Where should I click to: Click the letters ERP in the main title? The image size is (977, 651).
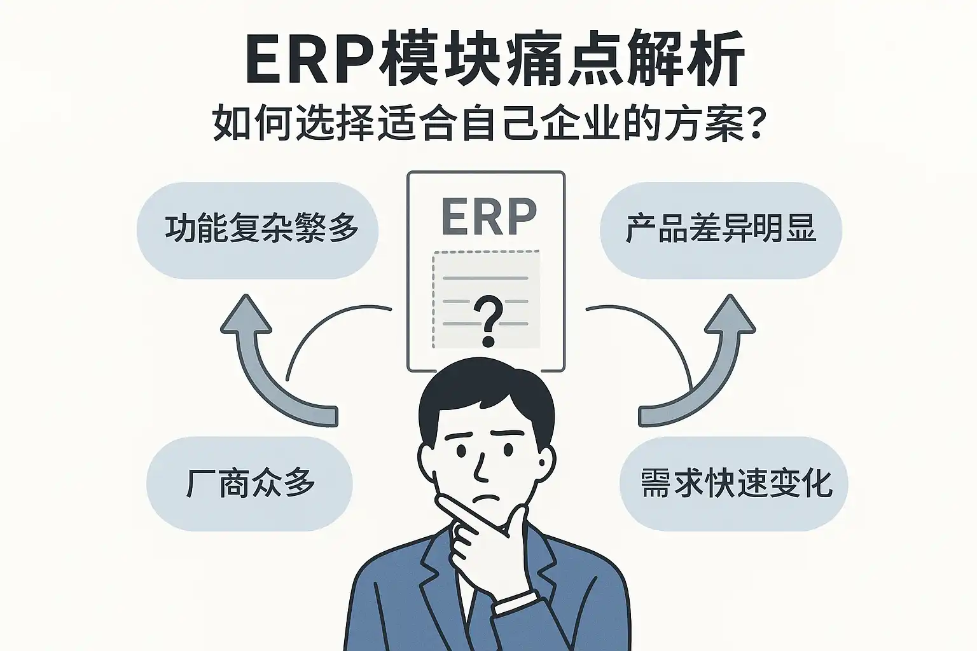[x=310, y=58]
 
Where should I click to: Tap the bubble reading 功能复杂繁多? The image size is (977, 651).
[x=258, y=230]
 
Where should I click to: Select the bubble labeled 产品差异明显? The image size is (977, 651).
[x=721, y=230]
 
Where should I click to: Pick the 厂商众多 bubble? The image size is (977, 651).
[x=249, y=484]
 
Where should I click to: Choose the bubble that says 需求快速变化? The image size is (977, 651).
[x=733, y=484]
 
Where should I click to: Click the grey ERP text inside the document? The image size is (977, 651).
[x=488, y=217]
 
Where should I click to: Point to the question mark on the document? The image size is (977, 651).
[x=488, y=320]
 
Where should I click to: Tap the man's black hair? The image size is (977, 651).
[x=485, y=399]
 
